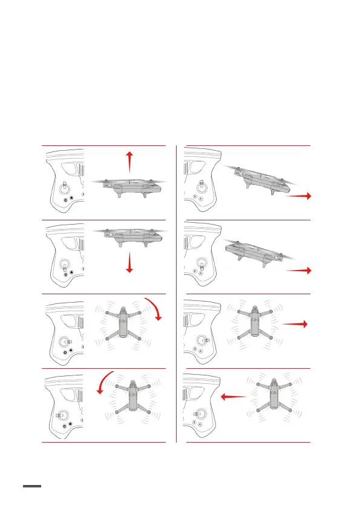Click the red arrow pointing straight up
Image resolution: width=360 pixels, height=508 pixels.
tap(129, 163)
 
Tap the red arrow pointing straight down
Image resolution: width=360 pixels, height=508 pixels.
tap(129, 262)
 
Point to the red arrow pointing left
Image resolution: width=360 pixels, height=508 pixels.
tap(234, 397)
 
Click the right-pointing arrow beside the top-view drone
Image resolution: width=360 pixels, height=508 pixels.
tap(295, 324)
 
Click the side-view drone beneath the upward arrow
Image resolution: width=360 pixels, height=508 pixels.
tap(129, 187)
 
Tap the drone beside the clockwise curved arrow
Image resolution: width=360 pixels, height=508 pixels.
tap(123, 325)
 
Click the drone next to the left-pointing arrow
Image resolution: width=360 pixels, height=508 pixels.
tap(274, 398)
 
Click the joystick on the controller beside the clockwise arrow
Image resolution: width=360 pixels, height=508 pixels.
tap(66, 342)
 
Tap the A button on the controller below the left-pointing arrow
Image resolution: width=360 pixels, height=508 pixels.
tap(200, 424)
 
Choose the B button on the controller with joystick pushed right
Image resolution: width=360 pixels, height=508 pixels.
tap(195, 349)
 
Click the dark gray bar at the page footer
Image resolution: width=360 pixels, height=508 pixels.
tap(32, 486)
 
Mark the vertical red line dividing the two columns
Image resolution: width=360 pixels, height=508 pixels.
tap(177, 294)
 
